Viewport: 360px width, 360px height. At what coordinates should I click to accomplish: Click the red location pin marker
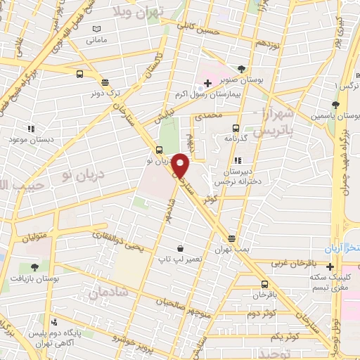click(x=181, y=165)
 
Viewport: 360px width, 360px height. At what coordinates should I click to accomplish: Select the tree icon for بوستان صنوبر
click(x=243, y=69)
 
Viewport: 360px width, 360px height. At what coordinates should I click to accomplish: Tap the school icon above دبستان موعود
click(x=31, y=129)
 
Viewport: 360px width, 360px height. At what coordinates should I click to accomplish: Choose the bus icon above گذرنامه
click(x=236, y=128)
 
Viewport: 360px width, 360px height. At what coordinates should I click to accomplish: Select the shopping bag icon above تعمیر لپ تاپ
click(x=181, y=248)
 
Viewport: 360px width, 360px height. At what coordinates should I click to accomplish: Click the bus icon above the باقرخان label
click(x=264, y=284)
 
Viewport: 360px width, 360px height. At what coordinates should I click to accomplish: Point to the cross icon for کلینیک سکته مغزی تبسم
click(x=330, y=266)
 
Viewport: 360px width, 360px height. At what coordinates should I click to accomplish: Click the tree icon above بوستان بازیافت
click(x=34, y=267)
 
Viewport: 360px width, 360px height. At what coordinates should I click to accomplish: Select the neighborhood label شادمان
click(x=109, y=291)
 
